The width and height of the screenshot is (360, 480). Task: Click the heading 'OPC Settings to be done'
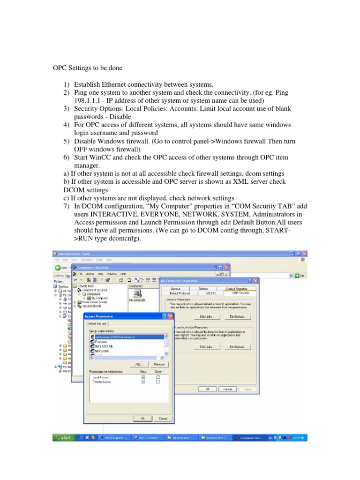tap(87, 68)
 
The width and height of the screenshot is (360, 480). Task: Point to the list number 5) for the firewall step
tap(66, 142)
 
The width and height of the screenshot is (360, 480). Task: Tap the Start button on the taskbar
tap(62, 437)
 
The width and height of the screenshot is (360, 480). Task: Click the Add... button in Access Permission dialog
tap(139, 364)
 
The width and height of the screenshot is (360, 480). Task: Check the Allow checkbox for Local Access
tap(143, 377)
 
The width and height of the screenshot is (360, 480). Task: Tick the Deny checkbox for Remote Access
tap(158, 382)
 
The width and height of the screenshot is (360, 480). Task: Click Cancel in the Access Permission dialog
tap(162, 419)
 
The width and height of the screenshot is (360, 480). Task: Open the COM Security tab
tap(238, 293)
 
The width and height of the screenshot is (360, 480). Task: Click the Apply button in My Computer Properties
tap(248, 389)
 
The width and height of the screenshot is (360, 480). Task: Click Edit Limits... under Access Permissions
tap(207, 317)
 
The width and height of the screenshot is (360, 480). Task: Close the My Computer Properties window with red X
tap(256, 281)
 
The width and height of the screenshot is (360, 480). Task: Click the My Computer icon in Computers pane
tap(137, 295)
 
